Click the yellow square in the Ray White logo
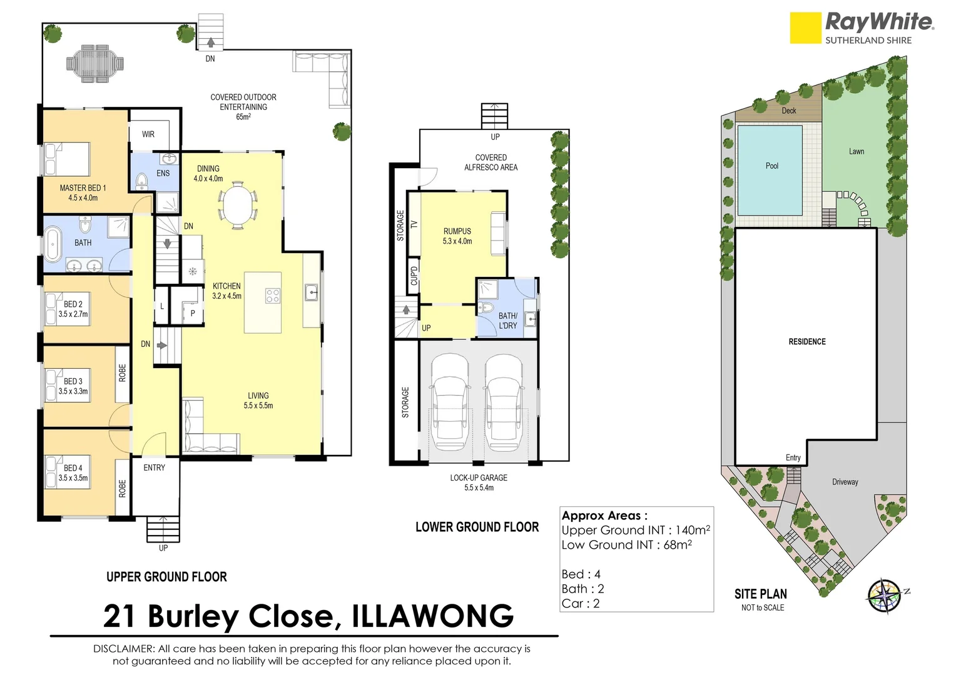click(x=805, y=28)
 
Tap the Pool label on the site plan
click(x=772, y=166)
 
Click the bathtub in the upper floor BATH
click(x=53, y=244)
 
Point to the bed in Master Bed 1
click(x=67, y=159)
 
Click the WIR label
click(x=148, y=134)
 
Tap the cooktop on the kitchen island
click(x=273, y=296)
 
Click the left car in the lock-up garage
click(x=449, y=400)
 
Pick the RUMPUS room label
click(x=457, y=231)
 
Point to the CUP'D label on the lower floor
click(x=414, y=276)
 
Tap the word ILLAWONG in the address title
click(x=432, y=616)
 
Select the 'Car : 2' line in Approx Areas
click(x=581, y=604)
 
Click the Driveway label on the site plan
click(x=845, y=482)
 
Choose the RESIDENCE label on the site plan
click(x=807, y=342)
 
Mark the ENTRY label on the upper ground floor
click(x=155, y=467)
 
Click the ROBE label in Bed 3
click(x=122, y=373)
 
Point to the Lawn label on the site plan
click(x=857, y=151)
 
